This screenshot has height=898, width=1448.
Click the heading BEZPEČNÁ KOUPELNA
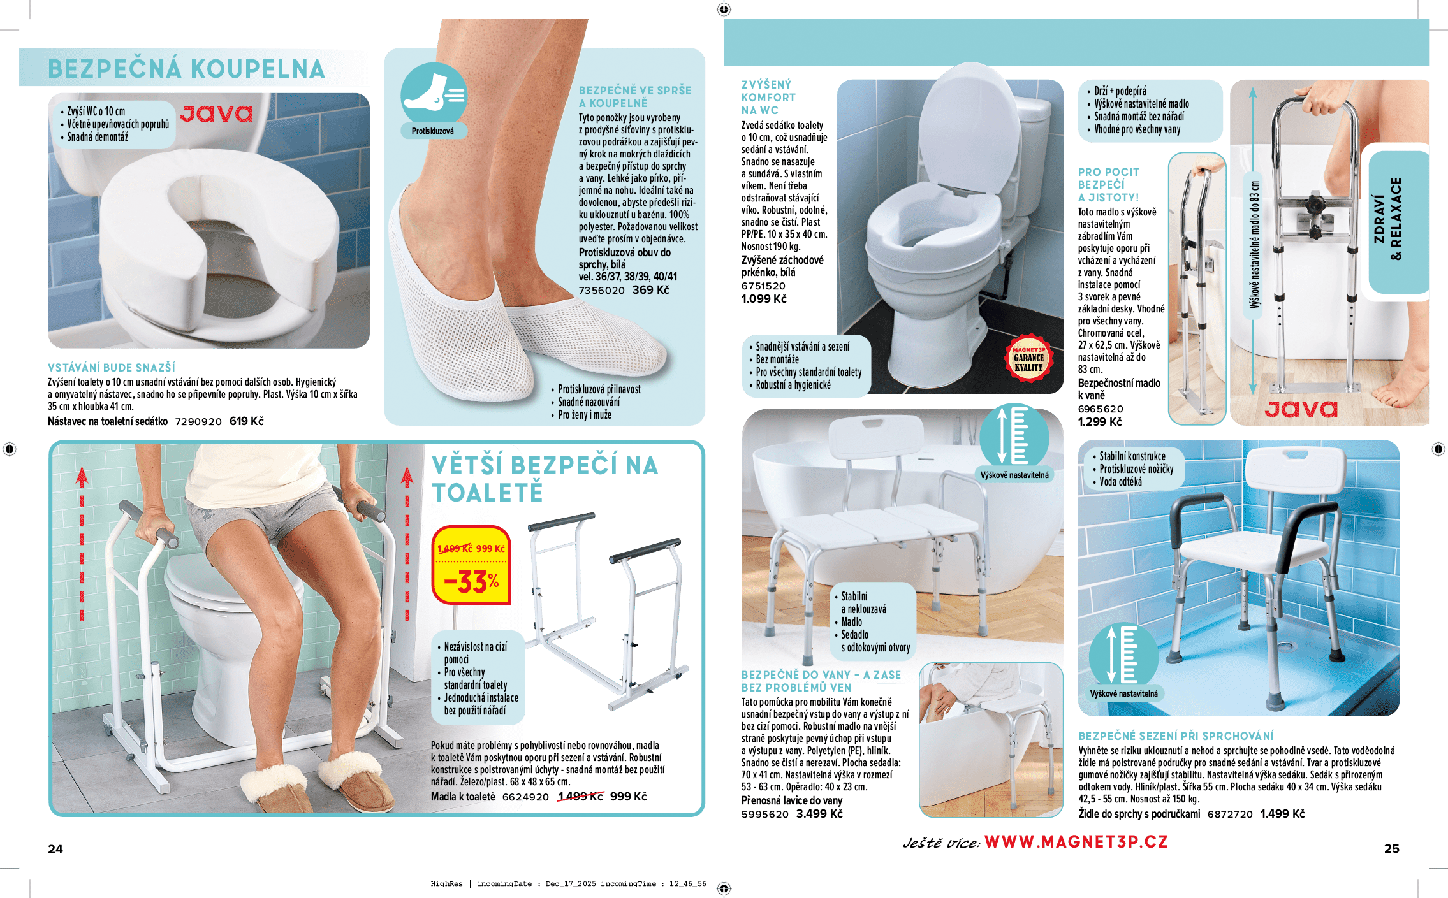point(186,69)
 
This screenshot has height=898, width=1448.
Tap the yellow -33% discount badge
point(471,565)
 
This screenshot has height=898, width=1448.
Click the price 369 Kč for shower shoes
point(651,290)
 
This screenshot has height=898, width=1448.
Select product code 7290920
point(198,422)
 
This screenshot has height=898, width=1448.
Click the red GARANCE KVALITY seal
point(1028,358)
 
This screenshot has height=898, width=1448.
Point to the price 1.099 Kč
point(764,299)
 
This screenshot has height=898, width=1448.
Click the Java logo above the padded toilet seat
point(217,113)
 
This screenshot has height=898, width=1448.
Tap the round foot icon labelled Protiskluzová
point(434,96)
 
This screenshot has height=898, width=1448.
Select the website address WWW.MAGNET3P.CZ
point(1076,842)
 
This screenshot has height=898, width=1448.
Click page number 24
point(55,849)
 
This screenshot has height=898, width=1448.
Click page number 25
point(1392,848)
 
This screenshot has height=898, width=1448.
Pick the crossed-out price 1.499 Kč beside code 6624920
point(580,797)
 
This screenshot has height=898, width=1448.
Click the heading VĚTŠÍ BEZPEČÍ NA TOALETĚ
point(545,479)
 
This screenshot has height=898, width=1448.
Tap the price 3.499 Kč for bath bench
point(819,814)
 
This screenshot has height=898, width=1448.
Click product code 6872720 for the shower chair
point(1230,815)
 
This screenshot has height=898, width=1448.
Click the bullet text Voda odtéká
point(1120,482)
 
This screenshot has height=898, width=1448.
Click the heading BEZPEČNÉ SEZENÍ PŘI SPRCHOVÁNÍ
point(1176,736)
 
